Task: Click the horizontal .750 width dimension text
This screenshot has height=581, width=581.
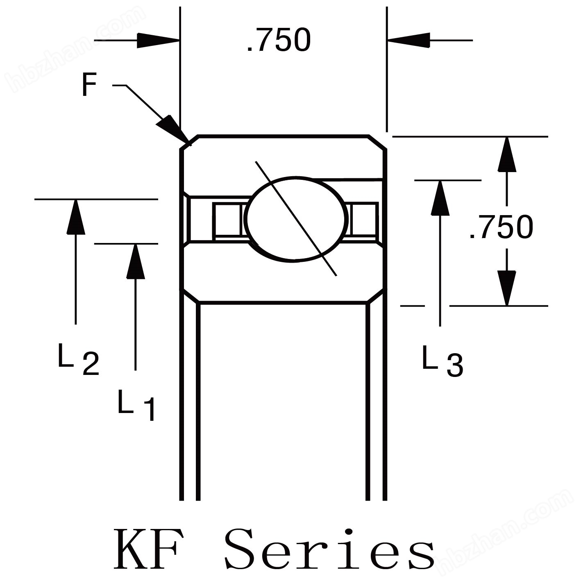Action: pos(279,41)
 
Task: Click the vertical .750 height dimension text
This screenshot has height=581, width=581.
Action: pos(501,227)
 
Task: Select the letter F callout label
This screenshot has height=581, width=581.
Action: pos(89,85)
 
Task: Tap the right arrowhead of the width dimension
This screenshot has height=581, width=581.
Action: pos(408,41)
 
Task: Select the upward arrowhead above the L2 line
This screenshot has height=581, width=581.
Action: pos(76,217)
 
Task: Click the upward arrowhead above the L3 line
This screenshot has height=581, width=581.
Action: pos(440,197)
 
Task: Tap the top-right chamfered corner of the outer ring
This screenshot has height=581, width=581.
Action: pos(377,142)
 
